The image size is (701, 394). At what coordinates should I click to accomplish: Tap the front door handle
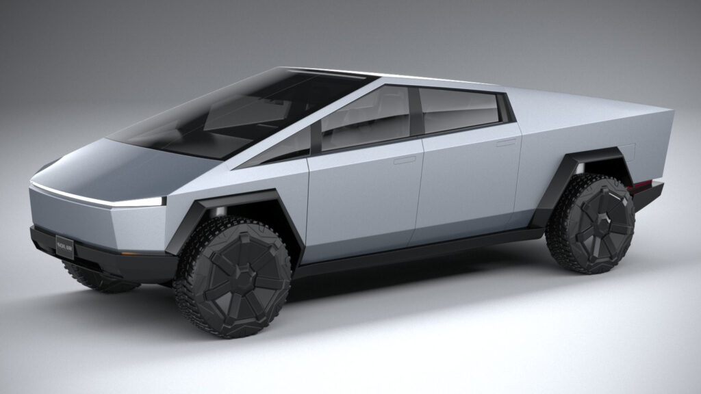(x=405, y=160)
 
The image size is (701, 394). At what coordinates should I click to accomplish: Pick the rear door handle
(x=506, y=142)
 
